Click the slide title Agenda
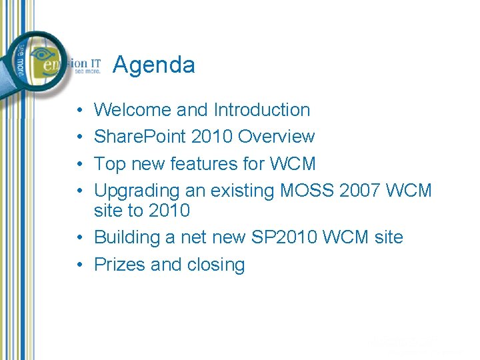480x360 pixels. pyautogui.click(x=154, y=65)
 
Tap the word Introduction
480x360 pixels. pyautogui.click(x=262, y=110)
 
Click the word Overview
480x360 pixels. pyautogui.click(x=276, y=137)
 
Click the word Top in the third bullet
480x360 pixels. pyautogui.click(x=109, y=164)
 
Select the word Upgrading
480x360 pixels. pyautogui.click(x=137, y=191)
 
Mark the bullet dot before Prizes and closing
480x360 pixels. pyautogui.click(x=79, y=265)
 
